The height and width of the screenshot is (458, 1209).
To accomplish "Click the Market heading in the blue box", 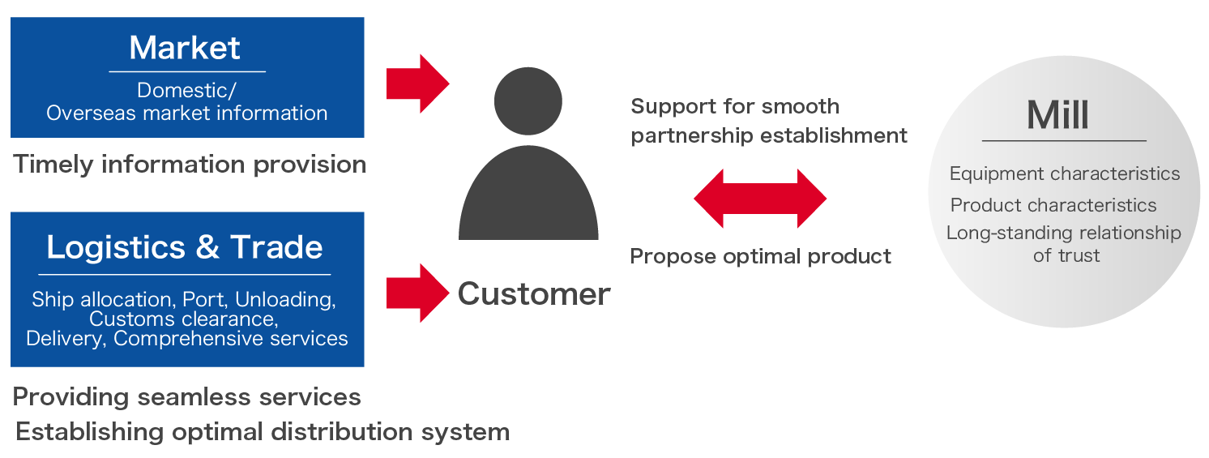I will click(x=185, y=48).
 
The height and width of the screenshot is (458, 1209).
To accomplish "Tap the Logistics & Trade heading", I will click(x=185, y=247).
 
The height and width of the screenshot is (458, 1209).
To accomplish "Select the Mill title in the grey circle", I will click(x=1057, y=115).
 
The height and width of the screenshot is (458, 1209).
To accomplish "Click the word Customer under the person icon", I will click(x=534, y=293).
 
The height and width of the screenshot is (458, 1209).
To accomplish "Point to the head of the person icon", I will click(x=528, y=101).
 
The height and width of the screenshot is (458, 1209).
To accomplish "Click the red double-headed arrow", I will click(x=760, y=199).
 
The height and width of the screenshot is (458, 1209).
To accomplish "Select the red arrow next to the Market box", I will click(x=417, y=83).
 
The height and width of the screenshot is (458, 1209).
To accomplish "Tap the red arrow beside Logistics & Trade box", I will click(x=417, y=293).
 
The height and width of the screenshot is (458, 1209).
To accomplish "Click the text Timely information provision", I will click(x=190, y=165).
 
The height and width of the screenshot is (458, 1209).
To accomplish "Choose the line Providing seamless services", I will click(x=186, y=396).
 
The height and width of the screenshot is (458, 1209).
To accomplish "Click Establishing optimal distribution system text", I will click(x=263, y=431).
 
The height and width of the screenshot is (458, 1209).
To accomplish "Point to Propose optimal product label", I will click(x=760, y=257).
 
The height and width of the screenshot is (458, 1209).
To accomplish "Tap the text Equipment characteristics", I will click(x=1064, y=173).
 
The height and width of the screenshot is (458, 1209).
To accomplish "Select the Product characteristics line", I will click(x=1053, y=204).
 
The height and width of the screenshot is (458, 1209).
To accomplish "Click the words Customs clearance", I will click(x=183, y=319).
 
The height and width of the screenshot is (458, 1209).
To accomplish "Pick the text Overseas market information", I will click(x=186, y=113).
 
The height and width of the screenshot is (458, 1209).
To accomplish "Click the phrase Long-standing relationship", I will click(x=1063, y=233).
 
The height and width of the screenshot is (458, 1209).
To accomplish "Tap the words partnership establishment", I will click(x=768, y=135).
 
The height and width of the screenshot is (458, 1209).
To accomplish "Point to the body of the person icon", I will click(x=528, y=199).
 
